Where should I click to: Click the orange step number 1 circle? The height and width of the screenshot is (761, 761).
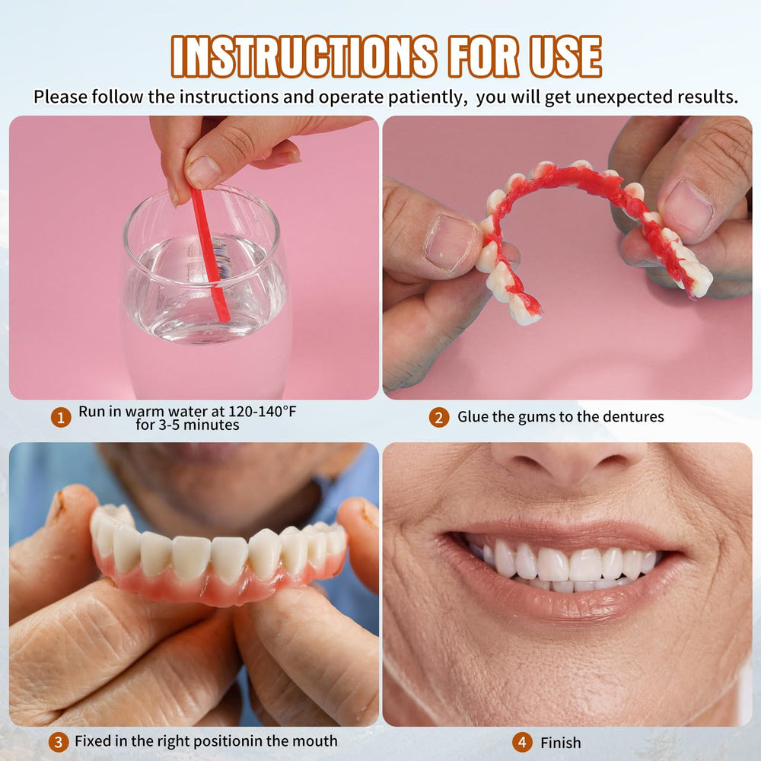coord(61,417)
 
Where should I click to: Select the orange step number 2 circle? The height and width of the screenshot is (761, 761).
coord(438,417)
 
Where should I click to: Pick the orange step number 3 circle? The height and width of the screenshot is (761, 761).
coord(58,741)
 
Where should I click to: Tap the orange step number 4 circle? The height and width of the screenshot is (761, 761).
coord(522,742)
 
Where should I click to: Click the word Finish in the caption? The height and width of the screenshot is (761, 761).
coord(561,742)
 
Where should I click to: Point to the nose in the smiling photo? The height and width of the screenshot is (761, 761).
coord(567,464)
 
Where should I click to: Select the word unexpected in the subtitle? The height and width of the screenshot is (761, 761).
coord(603,97)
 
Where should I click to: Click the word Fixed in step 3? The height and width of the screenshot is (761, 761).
coord(94,740)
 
